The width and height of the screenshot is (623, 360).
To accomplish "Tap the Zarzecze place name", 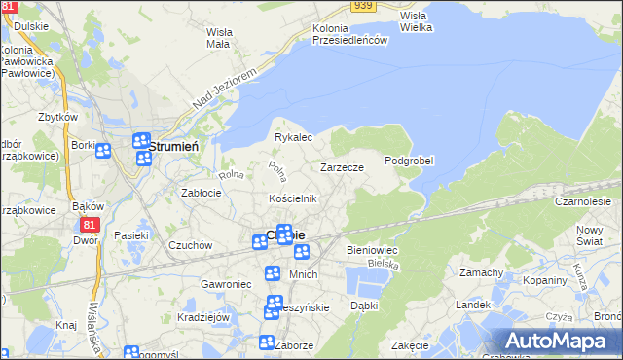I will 343,167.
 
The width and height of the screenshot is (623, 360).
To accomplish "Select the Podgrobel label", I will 409,161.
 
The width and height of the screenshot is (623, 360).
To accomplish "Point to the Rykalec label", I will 292,137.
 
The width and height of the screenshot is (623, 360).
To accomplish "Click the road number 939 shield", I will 363,6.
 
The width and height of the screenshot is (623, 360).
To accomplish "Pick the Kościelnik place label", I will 293,198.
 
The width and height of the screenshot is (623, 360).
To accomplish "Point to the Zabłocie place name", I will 202,193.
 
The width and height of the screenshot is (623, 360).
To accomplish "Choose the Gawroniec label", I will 226,283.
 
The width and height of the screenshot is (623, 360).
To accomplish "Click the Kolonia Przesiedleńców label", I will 350,34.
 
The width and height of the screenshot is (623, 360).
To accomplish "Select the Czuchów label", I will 190,246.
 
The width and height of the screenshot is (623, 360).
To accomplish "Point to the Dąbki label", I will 363,305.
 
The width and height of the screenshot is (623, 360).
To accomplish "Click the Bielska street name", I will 385,264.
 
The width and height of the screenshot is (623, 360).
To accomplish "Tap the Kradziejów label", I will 202,317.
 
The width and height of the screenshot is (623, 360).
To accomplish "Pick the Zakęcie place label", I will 410,345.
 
